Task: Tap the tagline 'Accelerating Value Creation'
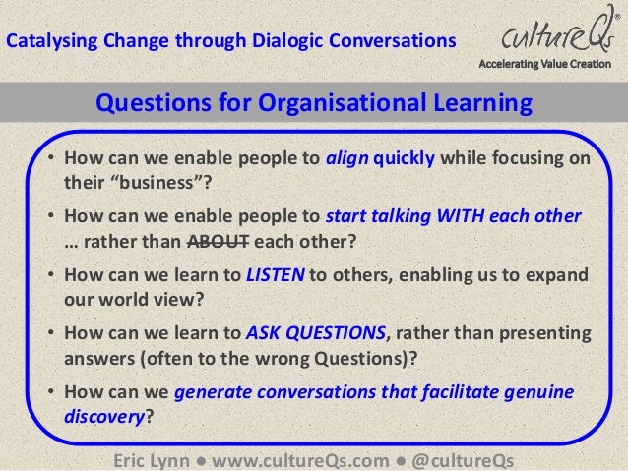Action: pyautogui.click(x=550, y=66)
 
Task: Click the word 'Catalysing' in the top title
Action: pyautogui.click(x=44, y=41)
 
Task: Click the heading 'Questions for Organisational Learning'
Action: pyautogui.click(x=312, y=103)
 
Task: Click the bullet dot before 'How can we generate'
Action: pyautogui.click(x=50, y=394)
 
